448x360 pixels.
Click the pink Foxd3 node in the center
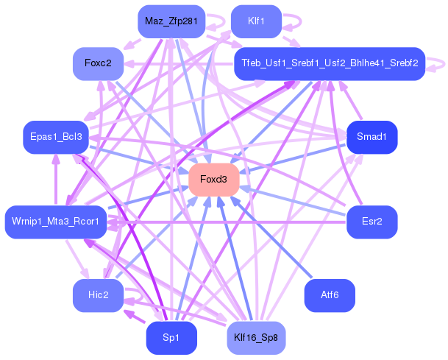214,180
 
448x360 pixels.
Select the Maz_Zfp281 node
171,21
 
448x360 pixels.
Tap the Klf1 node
256,21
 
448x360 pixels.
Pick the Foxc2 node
98,63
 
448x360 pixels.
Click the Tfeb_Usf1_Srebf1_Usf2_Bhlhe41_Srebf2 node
329,64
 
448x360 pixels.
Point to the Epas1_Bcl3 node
55,136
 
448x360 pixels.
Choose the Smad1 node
372,138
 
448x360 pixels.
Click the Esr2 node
372,222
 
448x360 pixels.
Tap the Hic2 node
98,295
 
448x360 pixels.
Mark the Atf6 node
330,295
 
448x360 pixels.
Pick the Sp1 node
171,338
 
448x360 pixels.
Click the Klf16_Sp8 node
256,338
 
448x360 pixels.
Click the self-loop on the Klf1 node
293,21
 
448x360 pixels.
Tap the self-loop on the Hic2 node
135,296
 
